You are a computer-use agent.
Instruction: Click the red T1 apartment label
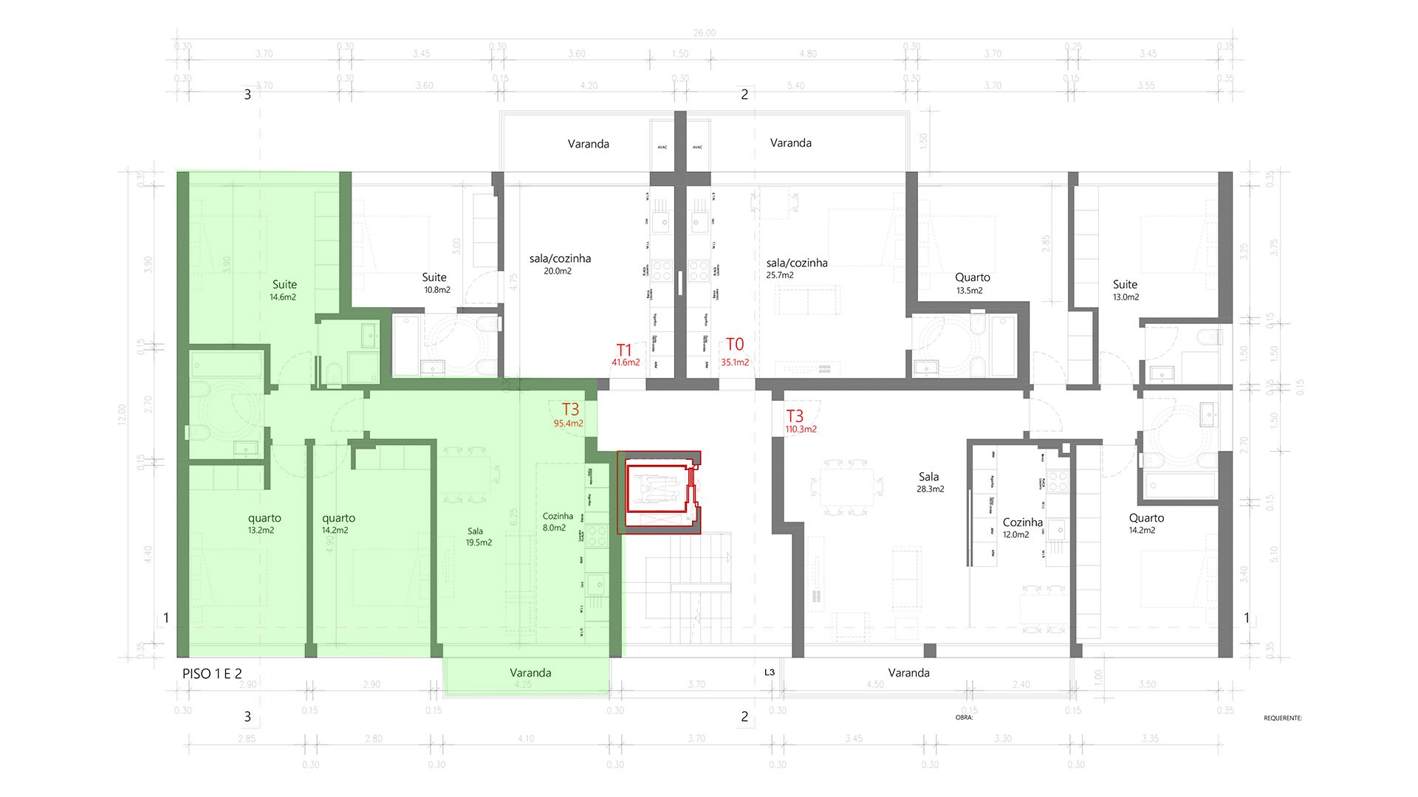(624, 350)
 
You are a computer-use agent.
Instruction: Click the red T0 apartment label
(735, 345)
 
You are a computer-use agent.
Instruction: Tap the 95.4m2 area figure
(568, 424)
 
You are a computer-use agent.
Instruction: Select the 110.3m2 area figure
(801, 429)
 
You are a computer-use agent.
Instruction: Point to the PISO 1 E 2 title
(212, 674)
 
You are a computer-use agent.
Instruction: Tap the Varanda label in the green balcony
(530, 673)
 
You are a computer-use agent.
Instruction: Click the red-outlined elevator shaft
(659, 491)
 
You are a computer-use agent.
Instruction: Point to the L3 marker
(770, 672)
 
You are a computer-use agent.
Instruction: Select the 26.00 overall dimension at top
(705, 33)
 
